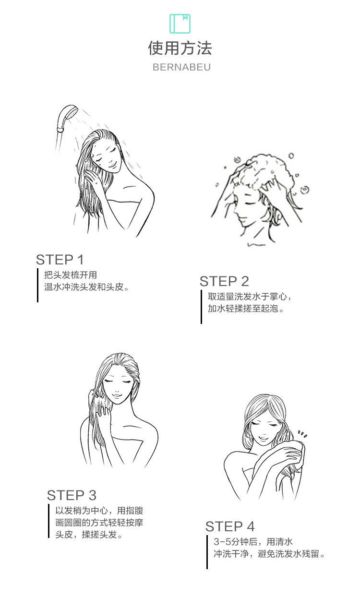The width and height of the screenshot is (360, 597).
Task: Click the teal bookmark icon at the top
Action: (180, 24)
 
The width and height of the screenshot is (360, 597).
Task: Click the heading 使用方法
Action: (180, 48)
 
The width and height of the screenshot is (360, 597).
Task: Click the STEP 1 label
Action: (60, 260)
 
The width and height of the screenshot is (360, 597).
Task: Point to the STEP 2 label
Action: (224, 281)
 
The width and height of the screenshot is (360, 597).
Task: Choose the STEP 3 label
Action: (72, 495)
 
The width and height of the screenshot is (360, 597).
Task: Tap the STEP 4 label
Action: (230, 526)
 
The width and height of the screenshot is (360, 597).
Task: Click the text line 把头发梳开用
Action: (71, 275)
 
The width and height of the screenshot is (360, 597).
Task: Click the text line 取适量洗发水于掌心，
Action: (249, 297)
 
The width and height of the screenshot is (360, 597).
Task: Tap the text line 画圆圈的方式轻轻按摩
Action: (99, 523)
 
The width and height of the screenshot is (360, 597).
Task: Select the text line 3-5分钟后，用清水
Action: (253, 542)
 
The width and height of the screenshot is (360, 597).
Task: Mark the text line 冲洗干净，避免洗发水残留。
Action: (270, 554)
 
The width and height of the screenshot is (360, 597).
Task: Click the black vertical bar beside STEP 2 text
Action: (201, 307)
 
